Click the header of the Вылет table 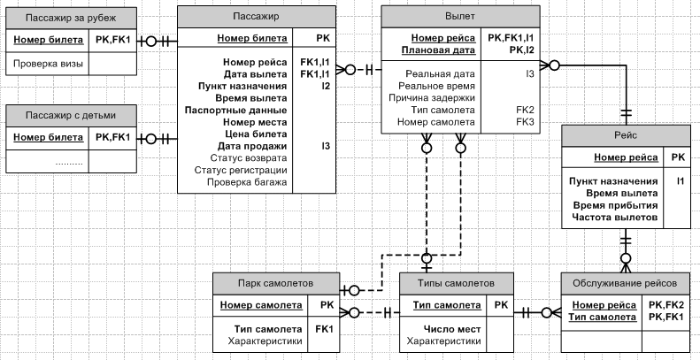[x=460, y=17]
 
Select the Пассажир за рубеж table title [x=71, y=18]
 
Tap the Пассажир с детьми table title [x=71, y=116]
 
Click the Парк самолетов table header [x=276, y=283]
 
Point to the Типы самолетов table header [x=457, y=283]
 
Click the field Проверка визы [x=48, y=64]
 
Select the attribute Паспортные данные [x=235, y=110]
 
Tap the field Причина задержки [x=432, y=97]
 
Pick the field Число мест [x=452, y=329]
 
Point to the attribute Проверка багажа [x=247, y=182]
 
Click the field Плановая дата [x=438, y=50]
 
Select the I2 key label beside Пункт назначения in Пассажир [x=326, y=86]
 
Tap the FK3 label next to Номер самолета [x=525, y=122]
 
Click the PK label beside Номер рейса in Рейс [x=678, y=157]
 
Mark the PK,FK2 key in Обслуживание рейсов [x=666, y=305]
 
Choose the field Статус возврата [x=249, y=158]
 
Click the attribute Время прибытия [x=616, y=205]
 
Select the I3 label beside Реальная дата [x=529, y=74]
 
